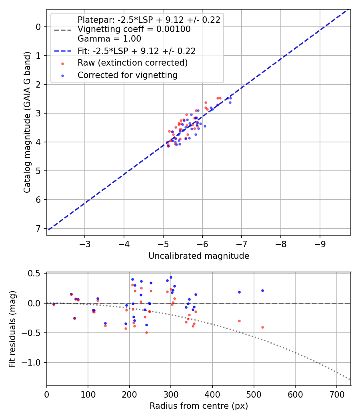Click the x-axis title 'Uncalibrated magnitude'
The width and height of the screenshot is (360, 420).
[x=199, y=256]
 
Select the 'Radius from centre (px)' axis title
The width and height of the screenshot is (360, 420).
[x=199, y=406]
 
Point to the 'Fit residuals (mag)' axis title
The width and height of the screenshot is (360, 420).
[x=12, y=329]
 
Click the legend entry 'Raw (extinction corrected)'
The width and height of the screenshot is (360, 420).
[x=132, y=63]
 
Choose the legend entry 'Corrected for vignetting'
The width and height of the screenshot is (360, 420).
[x=127, y=75]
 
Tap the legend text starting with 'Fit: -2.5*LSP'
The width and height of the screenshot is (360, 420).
[x=136, y=51]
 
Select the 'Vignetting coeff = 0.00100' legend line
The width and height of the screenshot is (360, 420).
[x=134, y=30]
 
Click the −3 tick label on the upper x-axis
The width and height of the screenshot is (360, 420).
[x=84, y=244]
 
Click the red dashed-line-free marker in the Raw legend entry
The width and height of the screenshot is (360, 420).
[x=62, y=64]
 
